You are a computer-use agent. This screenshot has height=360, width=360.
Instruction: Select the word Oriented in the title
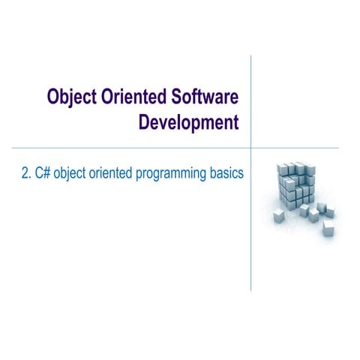136,98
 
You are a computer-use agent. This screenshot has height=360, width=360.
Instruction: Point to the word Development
188,123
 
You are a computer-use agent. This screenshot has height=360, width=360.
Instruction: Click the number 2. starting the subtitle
26,174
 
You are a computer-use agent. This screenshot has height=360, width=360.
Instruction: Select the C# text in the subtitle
42,174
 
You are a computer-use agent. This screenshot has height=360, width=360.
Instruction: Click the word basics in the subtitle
227,174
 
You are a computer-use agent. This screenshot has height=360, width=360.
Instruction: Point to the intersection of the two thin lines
250,148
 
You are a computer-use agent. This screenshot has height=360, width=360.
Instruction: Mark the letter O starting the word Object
53,98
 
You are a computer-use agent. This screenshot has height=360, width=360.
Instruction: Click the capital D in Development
145,123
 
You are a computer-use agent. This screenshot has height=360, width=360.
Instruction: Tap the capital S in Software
177,98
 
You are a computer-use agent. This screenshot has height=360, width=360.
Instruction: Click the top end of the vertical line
250,55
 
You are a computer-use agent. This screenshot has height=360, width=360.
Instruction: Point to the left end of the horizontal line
13,148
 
